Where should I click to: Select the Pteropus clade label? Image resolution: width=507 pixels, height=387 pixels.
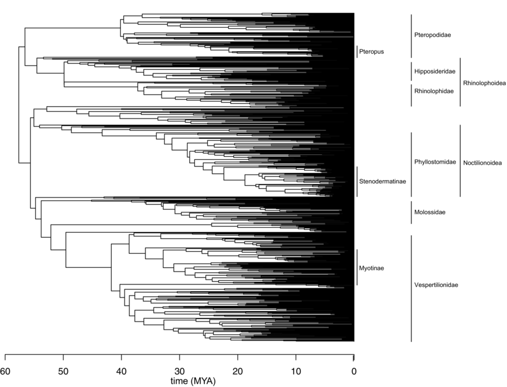372,52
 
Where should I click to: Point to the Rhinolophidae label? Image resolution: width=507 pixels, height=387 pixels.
434,91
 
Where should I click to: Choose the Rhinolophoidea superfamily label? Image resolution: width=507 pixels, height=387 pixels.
484,83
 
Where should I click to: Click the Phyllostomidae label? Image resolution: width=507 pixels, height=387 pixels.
434,162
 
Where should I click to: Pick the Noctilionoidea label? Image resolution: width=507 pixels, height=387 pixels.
483,162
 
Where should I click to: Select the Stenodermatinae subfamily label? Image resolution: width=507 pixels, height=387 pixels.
383,181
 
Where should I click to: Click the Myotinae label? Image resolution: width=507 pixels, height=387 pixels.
372,267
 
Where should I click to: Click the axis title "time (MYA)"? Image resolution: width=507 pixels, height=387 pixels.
193,381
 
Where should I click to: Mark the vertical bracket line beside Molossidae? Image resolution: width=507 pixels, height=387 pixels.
411,212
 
